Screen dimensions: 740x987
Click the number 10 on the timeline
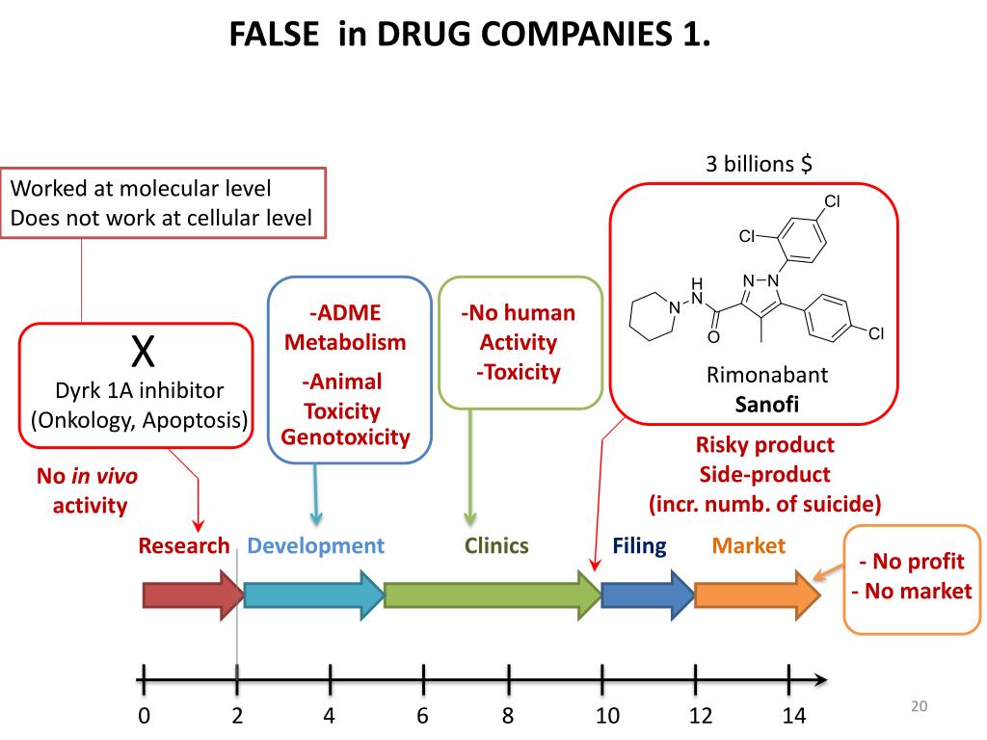pyautogui.click(x=606, y=716)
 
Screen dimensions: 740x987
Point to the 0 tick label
pyautogui.click(x=144, y=716)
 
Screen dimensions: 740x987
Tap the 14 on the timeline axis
pyautogui.click(x=793, y=716)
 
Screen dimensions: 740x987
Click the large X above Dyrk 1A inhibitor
pyautogui.click(x=143, y=353)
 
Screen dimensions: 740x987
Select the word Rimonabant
pyautogui.click(x=754, y=374)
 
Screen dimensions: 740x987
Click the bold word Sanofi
pyautogui.click(x=754, y=404)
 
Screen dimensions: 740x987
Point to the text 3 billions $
pyautogui.click(x=759, y=164)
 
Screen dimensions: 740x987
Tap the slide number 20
pyautogui.click(x=918, y=707)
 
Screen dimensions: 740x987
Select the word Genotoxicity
pyautogui.click(x=345, y=437)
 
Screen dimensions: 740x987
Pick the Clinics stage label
pyautogui.click(x=496, y=546)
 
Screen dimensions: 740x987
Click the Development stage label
pyautogui.click(x=315, y=546)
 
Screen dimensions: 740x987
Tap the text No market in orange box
pyautogui.click(x=912, y=591)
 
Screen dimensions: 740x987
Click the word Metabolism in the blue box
pyautogui.click(x=345, y=342)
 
